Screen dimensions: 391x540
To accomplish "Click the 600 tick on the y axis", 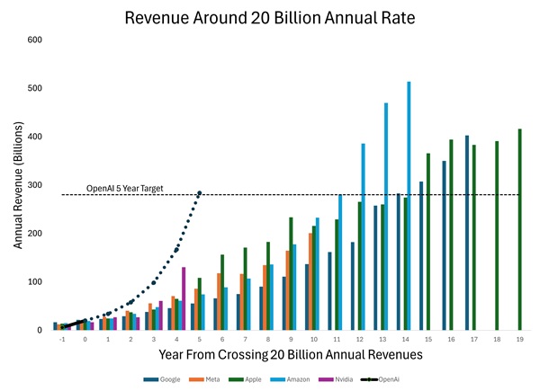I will coord(35,40).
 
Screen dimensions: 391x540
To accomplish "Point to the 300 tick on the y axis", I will coord(35,185).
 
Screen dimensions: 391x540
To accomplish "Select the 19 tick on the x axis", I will coord(520,341).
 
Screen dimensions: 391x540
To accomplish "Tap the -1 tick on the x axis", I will coord(61,341).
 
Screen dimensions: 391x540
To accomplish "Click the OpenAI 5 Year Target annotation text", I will coord(130,189).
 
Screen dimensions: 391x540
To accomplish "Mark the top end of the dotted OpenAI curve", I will coord(199,192).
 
